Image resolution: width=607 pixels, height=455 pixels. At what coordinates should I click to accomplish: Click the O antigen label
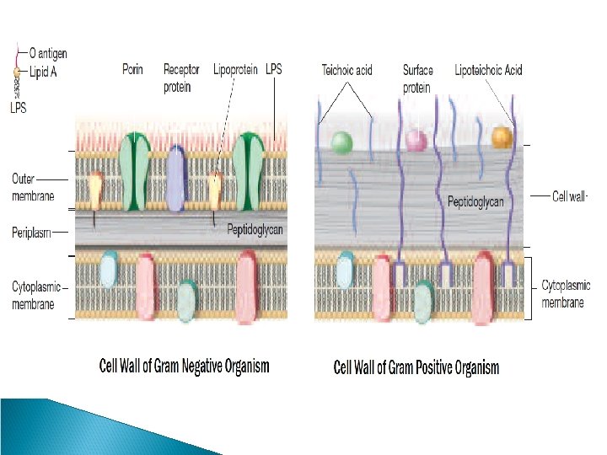click(x=48, y=54)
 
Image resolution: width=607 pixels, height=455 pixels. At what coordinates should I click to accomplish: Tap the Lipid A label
click(x=45, y=73)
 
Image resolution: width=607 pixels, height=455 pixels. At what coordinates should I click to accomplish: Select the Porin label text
click(x=132, y=70)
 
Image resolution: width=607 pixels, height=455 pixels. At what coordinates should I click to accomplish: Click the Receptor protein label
click(x=181, y=78)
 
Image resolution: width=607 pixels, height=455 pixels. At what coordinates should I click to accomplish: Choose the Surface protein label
click(x=418, y=78)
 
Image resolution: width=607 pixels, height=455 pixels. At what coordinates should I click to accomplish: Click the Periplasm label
click(x=33, y=231)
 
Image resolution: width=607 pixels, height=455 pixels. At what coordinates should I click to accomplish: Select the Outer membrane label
click(x=33, y=187)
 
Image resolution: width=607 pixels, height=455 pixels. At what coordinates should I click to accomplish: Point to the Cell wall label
click(x=569, y=195)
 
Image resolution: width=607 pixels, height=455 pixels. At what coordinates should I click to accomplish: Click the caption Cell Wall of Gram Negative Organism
click(x=185, y=366)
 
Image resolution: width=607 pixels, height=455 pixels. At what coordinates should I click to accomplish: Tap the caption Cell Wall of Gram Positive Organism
click(x=416, y=367)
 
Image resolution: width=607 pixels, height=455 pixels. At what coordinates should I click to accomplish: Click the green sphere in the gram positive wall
click(x=341, y=142)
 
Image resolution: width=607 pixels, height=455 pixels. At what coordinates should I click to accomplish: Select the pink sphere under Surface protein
click(x=416, y=139)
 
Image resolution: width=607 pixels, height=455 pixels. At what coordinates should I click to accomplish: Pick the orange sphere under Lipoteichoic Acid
click(x=502, y=136)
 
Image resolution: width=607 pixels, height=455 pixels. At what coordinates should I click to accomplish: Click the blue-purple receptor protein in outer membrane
click(x=175, y=177)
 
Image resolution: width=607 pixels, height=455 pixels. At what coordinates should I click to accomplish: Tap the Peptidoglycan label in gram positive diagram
click(x=477, y=202)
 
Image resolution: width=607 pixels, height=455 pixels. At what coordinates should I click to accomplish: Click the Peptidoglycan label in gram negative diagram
click(x=255, y=228)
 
